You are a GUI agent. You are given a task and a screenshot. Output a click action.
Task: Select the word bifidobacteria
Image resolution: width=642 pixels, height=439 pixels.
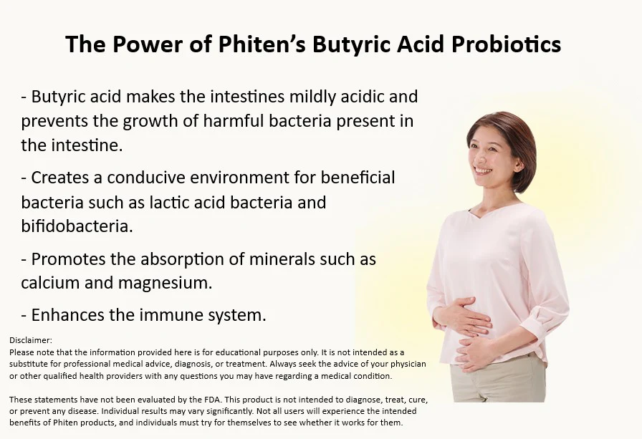click(77, 227)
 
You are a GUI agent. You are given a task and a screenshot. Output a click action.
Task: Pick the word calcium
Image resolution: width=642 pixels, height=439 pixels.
click(50, 282)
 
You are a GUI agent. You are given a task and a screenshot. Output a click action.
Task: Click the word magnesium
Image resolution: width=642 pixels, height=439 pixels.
click(171, 283)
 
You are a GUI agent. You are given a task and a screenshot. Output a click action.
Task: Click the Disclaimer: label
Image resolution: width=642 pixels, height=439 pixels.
click(31, 341)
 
